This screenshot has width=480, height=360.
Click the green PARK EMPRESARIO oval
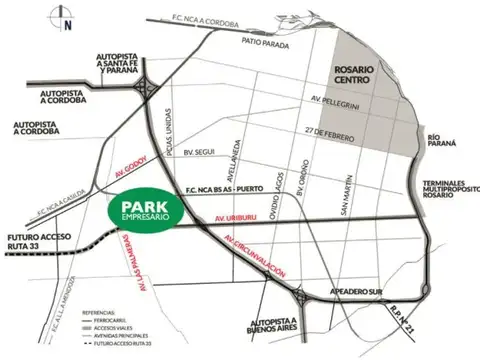tap(143, 212)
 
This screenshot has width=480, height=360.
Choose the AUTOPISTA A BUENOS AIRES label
tap(273, 328)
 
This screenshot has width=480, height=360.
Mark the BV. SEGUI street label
tap(201, 152)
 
